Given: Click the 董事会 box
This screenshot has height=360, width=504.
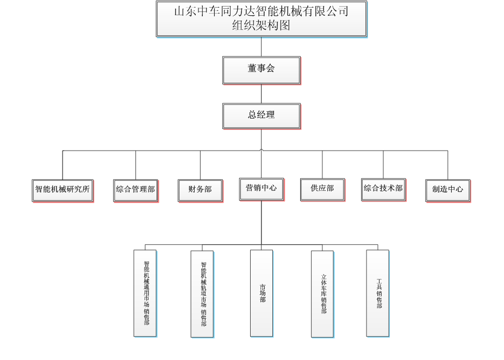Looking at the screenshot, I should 262,70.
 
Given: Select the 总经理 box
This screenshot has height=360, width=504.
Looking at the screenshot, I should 262,116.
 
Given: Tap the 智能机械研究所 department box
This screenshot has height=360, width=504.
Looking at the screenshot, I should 63,190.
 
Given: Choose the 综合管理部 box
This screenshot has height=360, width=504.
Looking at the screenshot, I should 135,190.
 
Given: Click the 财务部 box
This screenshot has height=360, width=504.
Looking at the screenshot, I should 200,190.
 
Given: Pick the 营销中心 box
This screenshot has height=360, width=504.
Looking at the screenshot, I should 262,189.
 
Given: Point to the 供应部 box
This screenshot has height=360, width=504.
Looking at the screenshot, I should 322,189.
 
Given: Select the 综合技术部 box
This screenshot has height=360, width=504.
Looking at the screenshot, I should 383,189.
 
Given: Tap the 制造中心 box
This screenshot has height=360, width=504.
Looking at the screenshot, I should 447,190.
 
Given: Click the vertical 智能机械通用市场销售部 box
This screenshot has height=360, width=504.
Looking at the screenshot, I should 145,293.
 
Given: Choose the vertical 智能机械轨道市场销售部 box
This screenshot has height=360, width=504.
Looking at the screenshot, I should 202,294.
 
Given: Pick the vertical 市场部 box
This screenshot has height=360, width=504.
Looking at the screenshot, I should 262,293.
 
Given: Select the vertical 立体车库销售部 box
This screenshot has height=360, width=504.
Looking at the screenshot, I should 322,294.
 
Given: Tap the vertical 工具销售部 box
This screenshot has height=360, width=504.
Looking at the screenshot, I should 378,293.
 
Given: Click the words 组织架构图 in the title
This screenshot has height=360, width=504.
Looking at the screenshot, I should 262,26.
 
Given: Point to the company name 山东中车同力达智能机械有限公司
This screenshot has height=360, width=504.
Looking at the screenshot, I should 262,11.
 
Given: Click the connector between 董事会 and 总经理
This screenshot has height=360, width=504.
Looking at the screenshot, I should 262,94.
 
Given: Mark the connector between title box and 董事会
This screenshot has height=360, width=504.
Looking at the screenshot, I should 262,47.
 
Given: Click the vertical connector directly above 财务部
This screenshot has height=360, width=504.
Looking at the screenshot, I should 200,165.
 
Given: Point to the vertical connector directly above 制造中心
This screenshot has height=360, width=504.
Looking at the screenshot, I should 448,165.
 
